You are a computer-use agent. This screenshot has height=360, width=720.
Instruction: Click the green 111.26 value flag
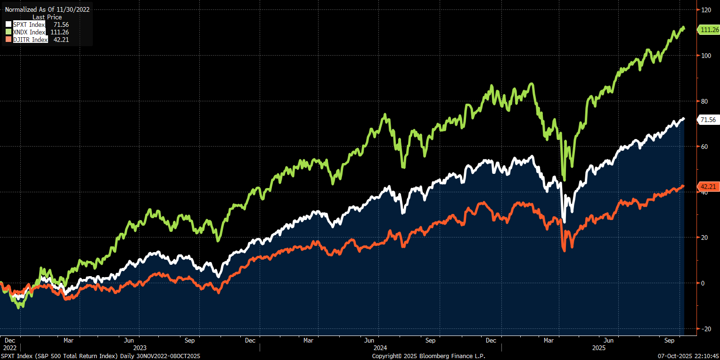(x=708, y=30)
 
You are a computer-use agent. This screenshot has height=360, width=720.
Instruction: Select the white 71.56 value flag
(x=708, y=120)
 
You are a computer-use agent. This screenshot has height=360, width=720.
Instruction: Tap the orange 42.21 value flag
(x=708, y=187)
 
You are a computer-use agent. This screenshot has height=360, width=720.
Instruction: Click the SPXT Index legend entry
(x=28, y=25)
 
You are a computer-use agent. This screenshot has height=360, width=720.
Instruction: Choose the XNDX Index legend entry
(x=29, y=32)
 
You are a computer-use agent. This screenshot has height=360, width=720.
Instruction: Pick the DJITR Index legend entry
(x=30, y=40)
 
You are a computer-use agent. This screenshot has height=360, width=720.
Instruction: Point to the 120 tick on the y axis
(x=706, y=9)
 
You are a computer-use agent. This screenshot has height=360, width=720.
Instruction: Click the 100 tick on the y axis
(x=706, y=55)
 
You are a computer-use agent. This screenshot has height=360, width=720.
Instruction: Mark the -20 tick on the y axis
(x=705, y=328)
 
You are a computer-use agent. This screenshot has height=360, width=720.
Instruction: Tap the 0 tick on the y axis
(x=703, y=283)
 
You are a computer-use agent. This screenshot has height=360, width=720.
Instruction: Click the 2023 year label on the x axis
(x=139, y=347)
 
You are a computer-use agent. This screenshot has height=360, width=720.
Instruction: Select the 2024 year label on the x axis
(x=380, y=347)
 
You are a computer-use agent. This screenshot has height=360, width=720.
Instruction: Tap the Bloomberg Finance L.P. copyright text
(x=428, y=356)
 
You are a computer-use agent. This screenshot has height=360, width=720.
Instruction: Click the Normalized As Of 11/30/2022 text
(x=47, y=9)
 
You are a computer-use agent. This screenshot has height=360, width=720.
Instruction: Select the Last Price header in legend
(x=47, y=17)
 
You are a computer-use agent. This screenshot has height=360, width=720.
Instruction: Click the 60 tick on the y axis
(x=704, y=146)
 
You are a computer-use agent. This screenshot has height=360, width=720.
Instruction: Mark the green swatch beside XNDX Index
(x=8, y=32)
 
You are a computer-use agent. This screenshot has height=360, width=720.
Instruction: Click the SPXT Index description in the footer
(x=100, y=356)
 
